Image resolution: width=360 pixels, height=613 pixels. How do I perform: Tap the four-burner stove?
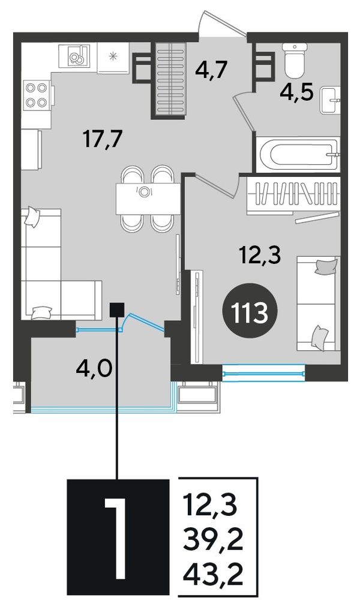point(37,95)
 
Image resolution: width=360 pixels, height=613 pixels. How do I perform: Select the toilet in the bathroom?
point(295,60)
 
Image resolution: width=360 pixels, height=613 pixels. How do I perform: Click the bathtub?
point(298,154)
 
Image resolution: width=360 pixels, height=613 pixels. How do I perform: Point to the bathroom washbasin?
point(330,101)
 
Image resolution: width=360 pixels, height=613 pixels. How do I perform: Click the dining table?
point(148,199)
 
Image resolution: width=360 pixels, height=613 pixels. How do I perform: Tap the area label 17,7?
point(103,138)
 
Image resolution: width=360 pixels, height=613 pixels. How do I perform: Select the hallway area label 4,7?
point(209,71)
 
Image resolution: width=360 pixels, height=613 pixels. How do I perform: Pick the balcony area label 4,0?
point(95,368)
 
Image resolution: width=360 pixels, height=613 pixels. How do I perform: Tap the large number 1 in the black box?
point(116,537)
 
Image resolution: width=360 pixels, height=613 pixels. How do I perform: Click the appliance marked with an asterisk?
point(113,57)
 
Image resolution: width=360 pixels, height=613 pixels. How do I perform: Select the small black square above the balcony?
point(117,309)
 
